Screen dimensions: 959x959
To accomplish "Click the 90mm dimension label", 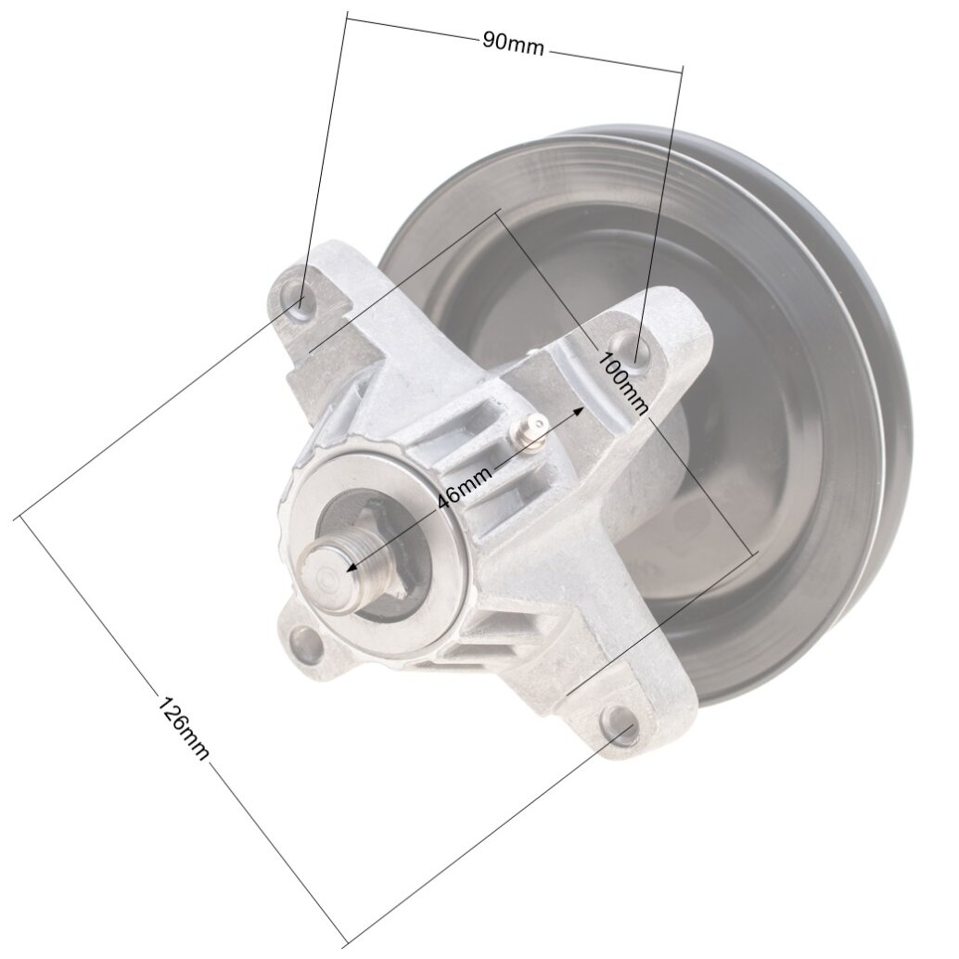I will [513, 42].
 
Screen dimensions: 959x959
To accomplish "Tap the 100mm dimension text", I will [624, 380].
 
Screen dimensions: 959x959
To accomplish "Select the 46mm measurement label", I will [463, 484].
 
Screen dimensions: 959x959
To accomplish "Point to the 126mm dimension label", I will [181, 727].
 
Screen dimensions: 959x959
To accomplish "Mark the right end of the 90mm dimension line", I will [684, 67].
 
